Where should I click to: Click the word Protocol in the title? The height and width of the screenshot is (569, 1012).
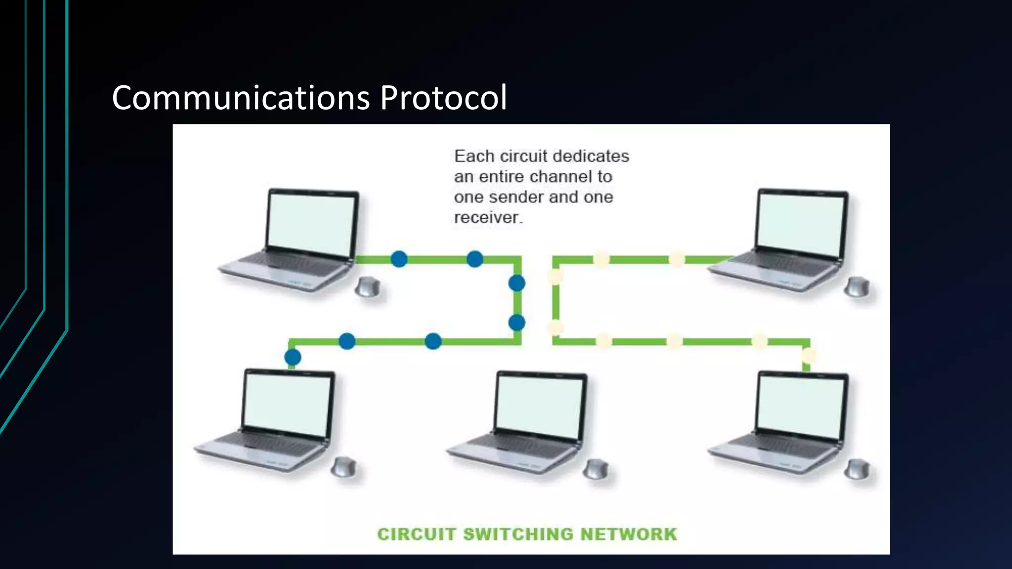[443, 98]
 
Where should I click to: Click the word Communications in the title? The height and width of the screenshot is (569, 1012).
[241, 98]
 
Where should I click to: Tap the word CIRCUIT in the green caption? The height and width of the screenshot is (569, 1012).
[416, 534]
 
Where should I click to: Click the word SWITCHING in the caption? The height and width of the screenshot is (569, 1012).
[518, 534]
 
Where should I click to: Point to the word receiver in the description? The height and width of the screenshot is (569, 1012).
[487, 218]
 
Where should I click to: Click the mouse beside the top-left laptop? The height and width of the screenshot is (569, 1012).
[368, 287]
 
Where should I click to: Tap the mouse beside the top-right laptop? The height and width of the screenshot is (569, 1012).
[857, 287]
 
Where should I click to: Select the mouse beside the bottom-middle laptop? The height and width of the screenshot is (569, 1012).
[595, 469]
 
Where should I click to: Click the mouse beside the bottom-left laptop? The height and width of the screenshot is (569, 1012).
[343, 467]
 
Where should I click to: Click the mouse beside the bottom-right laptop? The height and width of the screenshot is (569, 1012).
[857, 469]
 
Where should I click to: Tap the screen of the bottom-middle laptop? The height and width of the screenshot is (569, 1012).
[540, 405]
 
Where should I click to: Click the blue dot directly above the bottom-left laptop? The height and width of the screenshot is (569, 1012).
[293, 357]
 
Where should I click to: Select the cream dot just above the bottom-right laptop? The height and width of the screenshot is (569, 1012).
[808, 355]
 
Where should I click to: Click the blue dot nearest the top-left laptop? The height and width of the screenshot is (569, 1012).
[399, 259]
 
